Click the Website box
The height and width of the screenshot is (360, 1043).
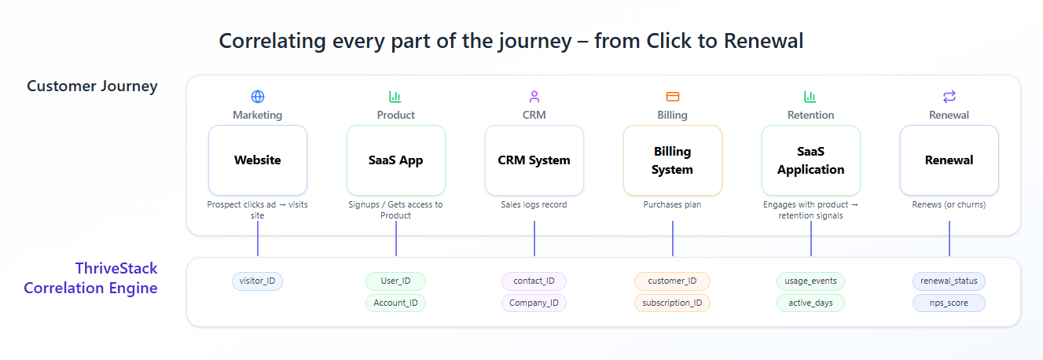click(258, 160)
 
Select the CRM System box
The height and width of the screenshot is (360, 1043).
click(534, 160)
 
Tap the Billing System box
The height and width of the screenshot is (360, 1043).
click(673, 160)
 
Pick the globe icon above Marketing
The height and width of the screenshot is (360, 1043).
click(258, 97)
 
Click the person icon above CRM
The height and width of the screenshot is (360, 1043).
click(534, 97)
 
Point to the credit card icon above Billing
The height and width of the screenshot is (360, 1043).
click(673, 97)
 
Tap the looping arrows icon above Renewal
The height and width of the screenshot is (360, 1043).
click(949, 97)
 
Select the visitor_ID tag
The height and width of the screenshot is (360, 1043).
click(258, 281)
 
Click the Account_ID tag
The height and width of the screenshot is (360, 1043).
click(396, 303)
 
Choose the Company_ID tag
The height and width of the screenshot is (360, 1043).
click(534, 303)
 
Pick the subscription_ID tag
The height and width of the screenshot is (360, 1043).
click(673, 303)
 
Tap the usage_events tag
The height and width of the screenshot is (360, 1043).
click(811, 281)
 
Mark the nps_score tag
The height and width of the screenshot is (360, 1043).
click(949, 303)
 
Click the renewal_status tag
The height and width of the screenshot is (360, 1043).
click(949, 281)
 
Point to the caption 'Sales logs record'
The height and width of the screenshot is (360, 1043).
click(534, 205)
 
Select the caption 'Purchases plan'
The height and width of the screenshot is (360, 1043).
click(673, 205)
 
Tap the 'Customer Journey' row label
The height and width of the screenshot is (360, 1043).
click(92, 86)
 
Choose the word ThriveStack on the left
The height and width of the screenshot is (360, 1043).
click(116, 268)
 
